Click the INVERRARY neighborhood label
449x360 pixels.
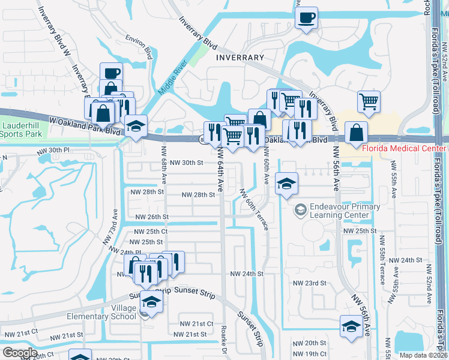point(238,58)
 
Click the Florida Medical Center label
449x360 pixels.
point(404,147)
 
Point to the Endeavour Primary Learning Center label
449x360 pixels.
point(344,211)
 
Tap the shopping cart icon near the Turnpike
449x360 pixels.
point(369,101)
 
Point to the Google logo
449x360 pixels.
point(20,353)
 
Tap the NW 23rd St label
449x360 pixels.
point(309,283)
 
